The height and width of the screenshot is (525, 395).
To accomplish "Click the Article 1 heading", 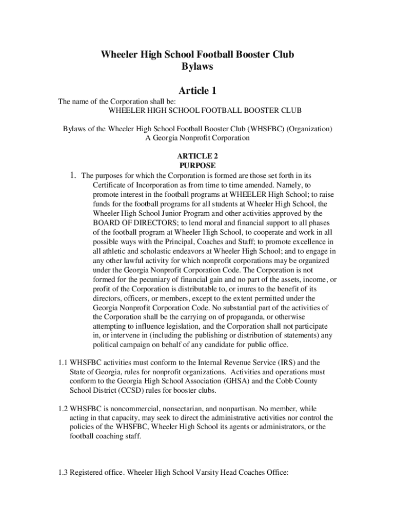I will (197, 91).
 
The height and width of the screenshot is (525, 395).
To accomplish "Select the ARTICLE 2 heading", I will (197, 156).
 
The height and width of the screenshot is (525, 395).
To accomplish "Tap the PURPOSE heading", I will (197, 166).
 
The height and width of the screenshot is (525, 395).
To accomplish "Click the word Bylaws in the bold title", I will (197, 67).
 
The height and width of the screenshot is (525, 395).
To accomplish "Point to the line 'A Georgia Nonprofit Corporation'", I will (197, 137).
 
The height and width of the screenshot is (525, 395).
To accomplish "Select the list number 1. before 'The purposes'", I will (74, 175).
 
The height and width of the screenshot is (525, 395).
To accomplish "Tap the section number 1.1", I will (64, 362).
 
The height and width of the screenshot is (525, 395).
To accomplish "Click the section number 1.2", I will (64, 409).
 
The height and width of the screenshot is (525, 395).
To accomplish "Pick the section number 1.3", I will (64, 473).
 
